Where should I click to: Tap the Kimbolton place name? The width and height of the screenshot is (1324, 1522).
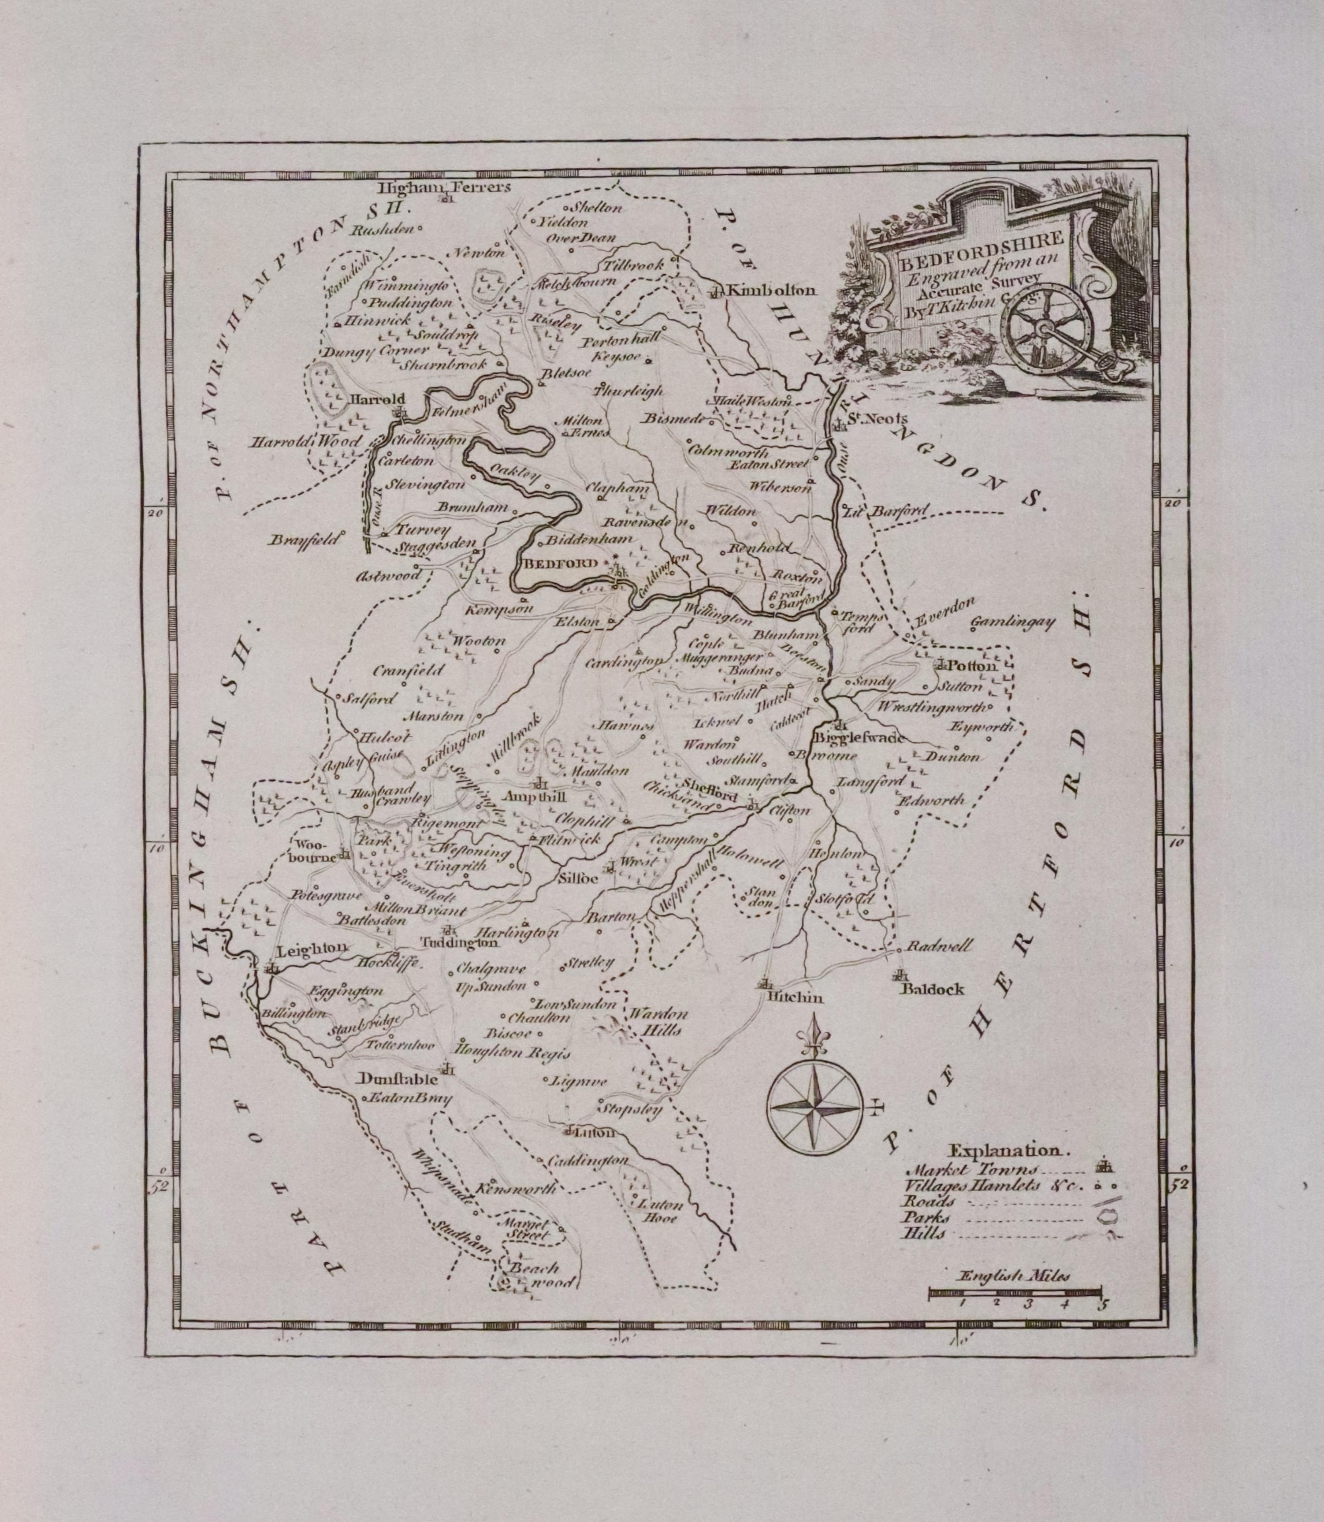[772, 291]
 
